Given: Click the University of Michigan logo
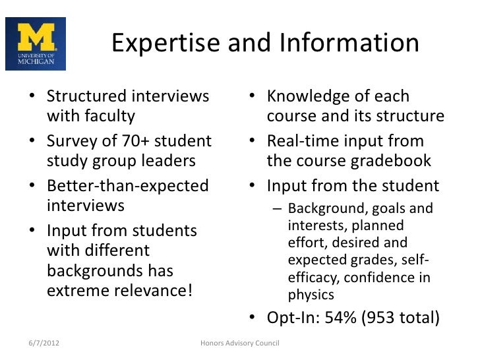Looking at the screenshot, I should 36,44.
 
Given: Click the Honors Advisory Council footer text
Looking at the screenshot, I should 240,344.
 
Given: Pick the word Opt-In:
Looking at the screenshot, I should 290,317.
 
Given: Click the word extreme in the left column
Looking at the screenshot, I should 77,290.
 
